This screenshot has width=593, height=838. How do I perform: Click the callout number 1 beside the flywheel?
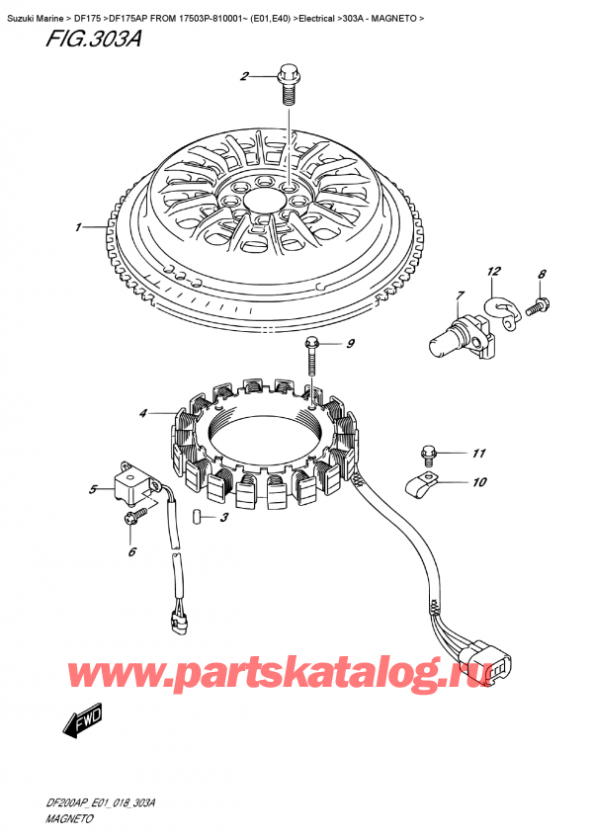pos(77,228)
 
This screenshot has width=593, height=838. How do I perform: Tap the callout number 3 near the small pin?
pos(224,517)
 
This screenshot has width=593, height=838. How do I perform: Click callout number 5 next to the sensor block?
pos(93,488)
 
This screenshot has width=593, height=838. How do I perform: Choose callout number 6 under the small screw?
pos(131,552)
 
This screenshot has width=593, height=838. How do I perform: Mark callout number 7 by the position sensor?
pos(460,295)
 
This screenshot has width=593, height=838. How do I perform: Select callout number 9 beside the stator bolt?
pos(348,344)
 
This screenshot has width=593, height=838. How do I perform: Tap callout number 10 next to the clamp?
pos(478,483)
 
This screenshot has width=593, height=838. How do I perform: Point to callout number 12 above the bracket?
pos(494,271)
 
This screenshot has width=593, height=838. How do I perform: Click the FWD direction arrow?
pos(84,724)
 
